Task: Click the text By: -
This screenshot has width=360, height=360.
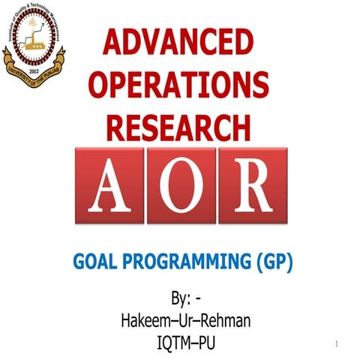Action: click(186, 299)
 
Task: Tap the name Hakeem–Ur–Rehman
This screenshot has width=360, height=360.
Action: click(185, 322)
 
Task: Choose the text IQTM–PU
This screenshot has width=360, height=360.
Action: click(185, 343)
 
